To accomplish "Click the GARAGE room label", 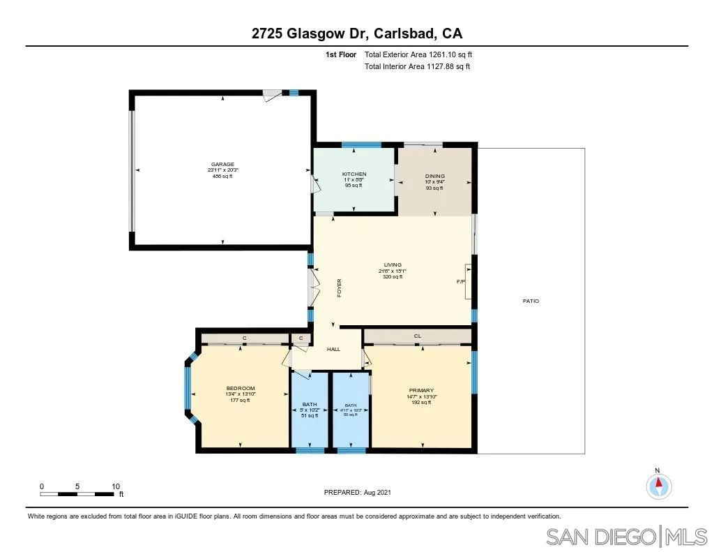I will (223, 164).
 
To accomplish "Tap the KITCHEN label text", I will (354, 174).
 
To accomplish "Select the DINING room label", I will (435, 176).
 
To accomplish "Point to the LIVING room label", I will (393, 264).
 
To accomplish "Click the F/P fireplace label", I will (461, 282).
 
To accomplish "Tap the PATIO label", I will (531, 301).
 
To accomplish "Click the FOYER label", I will (340, 289).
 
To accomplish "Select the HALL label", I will (334, 349).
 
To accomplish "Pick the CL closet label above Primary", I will (418, 336).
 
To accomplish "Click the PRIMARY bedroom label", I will (421, 390).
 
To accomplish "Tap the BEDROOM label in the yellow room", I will (241, 388).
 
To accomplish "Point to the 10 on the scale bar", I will (116, 486).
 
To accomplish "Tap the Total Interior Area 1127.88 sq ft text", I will (417, 67).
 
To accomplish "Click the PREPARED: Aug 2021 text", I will (358, 492).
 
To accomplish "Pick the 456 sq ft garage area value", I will (222, 177).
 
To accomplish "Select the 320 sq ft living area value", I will (393, 277).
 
